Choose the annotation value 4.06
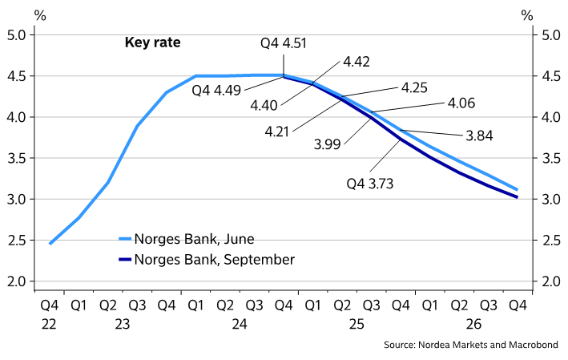pyautogui.click(x=461, y=103)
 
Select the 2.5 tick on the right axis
pyautogui.click(x=550, y=241)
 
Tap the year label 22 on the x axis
pyautogui.click(x=50, y=324)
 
